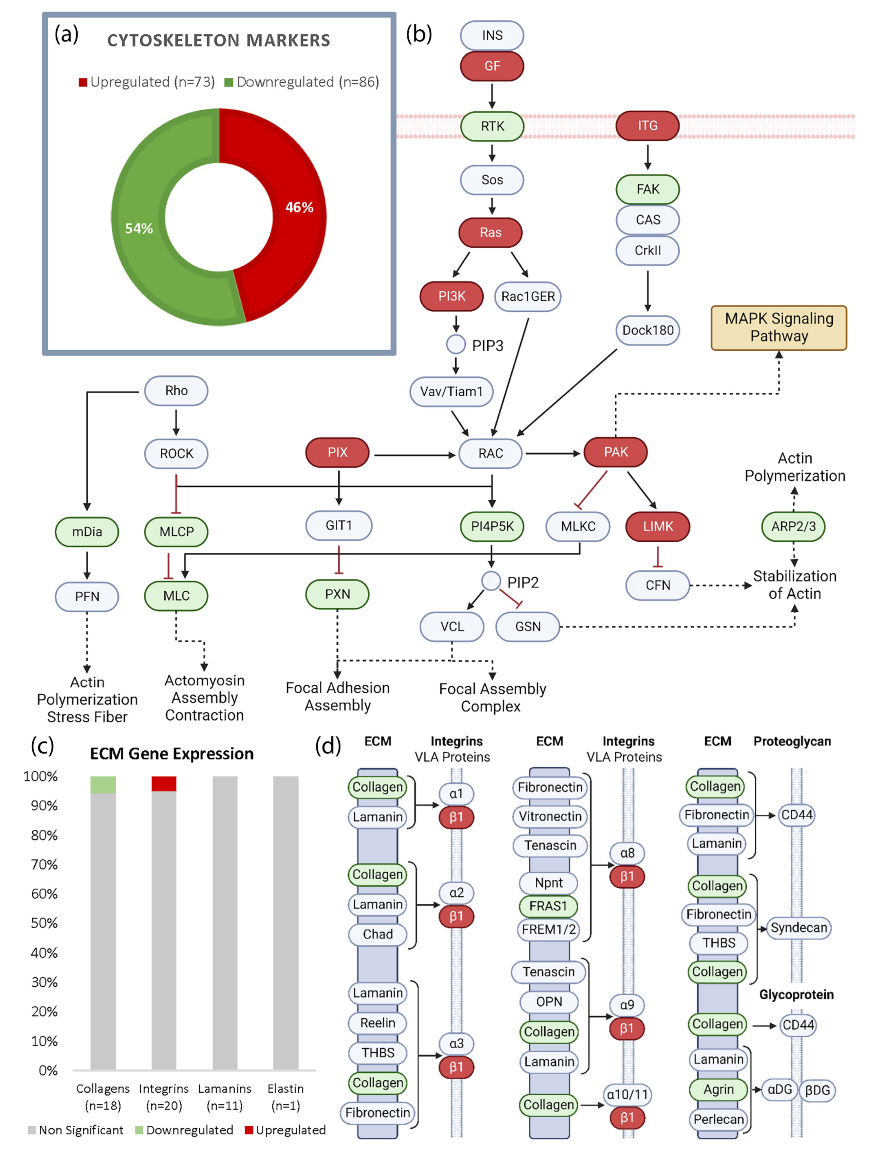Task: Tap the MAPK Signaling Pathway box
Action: (779, 328)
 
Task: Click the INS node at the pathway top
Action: (492, 36)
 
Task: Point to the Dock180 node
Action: (647, 330)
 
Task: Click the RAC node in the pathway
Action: (490, 453)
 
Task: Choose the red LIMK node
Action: (658, 526)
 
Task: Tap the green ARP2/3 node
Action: (793, 526)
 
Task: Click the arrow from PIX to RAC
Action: (415, 455)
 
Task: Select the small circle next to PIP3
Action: (456, 344)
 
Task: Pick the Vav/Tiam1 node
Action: (452, 391)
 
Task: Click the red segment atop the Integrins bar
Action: (164, 784)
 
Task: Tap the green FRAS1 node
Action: (548, 906)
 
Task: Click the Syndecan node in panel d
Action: (798, 928)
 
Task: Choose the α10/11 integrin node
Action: (627, 1094)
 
